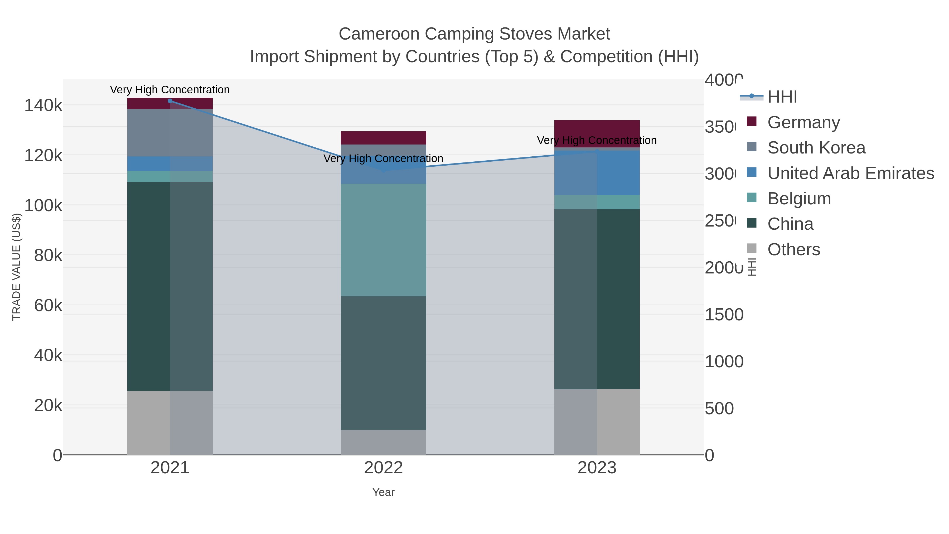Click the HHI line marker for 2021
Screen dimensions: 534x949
click(x=170, y=101)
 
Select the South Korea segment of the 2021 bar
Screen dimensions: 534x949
click(x=170, y=133)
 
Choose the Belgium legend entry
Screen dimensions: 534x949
click(x=799, y=199)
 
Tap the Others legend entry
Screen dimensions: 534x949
click(x=793, y=249)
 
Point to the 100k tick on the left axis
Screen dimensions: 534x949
click(x=43, y=206)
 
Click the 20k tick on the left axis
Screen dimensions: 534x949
click(x=48, y=406)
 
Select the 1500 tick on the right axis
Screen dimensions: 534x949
click(x=724, y=315)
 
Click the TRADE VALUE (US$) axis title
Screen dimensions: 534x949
click(x=17, y=267)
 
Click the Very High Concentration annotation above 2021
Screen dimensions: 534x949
click(x=170, y=90)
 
